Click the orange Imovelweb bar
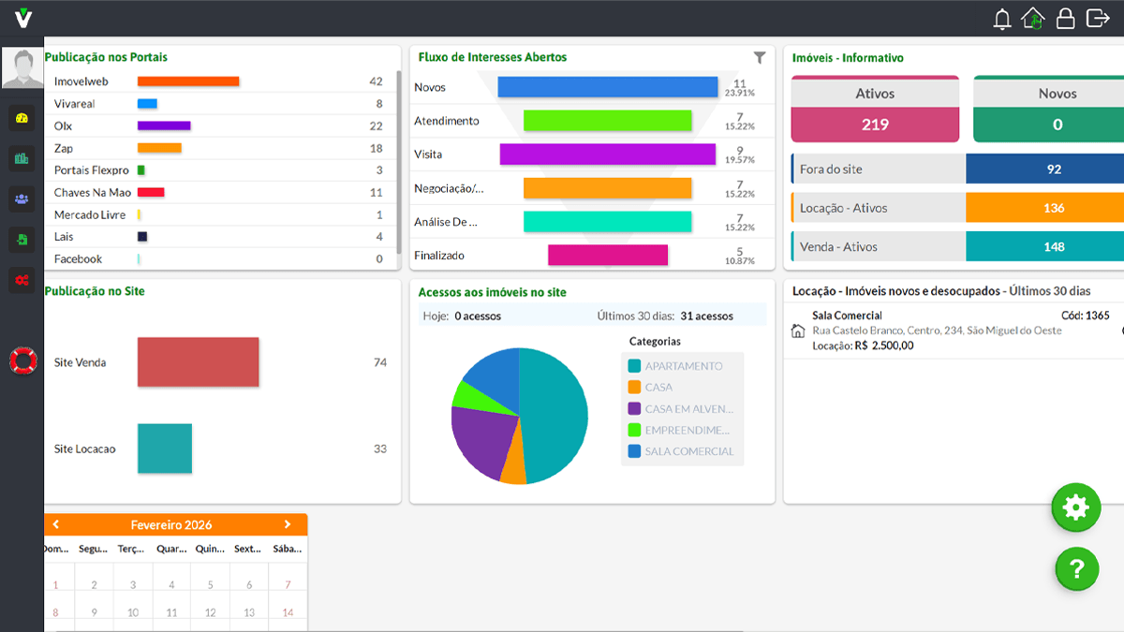tap(188, 81)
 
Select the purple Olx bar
tap(164, 125)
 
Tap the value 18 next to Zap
tap(376, 148)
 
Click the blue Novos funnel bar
tap(607, 87)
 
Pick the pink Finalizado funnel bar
tap(607, 255)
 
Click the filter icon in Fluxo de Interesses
tap(760, 58)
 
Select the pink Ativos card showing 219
tap(875, 110)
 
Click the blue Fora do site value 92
tap(1053, 169)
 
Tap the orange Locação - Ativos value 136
tap(1053, 208)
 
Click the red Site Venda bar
tap(198, 362)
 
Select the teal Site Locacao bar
tap(165, 448)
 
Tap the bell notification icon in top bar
tap(1002, 19)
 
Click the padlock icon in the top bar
tap(1065, 19)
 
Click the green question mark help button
tap(1076, 568)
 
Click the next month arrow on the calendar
tap(288, 524)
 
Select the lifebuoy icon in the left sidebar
tap(22, 360)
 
